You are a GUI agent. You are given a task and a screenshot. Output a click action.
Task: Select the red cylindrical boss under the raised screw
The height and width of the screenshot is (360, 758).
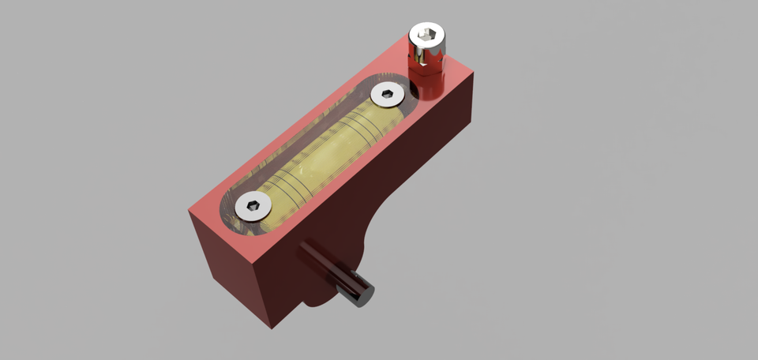coord(427,82)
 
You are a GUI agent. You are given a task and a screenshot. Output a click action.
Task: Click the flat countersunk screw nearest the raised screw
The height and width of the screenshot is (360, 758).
coord(387,95)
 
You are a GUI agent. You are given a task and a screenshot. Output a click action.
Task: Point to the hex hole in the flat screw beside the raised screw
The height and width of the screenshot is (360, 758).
coord(387,95)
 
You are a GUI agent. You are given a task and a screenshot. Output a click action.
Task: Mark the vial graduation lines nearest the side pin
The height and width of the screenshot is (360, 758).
coord(288,189)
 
